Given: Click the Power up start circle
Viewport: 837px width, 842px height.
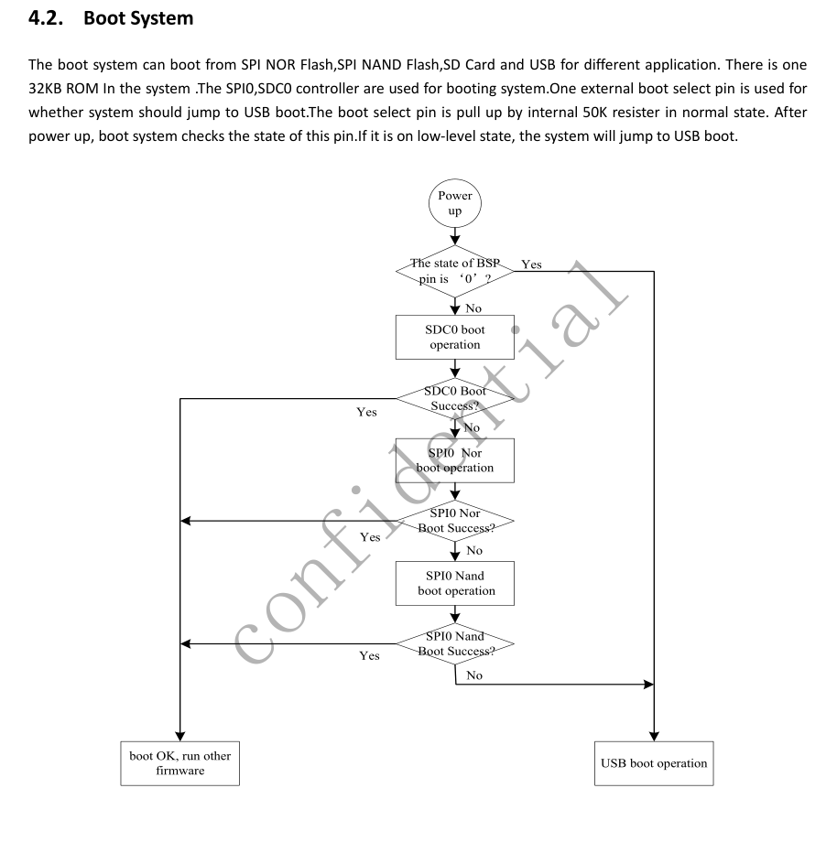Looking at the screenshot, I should click(455, 203).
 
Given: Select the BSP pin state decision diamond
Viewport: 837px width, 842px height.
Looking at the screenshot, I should click(455, 271).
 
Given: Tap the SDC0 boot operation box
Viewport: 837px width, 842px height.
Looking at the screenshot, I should click(455, 337).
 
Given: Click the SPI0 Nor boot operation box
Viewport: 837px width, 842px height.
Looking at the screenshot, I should click(455, 459).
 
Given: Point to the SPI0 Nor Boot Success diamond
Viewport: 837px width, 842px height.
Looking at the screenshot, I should click(455, 521).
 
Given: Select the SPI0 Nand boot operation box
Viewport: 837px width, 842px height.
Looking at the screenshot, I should click(455, 583).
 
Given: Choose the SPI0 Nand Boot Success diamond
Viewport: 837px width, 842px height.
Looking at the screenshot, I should click(455, 644).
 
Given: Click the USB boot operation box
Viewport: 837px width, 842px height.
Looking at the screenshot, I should click(653, 762).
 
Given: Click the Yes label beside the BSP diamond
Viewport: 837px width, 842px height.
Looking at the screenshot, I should click(531, 264).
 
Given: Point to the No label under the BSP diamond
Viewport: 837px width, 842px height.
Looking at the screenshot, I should click(473, 308).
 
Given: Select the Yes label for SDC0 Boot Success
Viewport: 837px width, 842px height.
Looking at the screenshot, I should click(366, 413).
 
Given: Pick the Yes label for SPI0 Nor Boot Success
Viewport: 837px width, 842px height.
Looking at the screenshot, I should click(370, 537).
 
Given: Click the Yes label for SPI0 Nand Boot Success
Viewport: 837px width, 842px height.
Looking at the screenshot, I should click(370, 656).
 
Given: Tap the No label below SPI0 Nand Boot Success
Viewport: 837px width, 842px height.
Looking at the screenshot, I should click(474, 675).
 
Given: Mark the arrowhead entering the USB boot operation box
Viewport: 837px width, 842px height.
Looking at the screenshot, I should click(654, 735).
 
